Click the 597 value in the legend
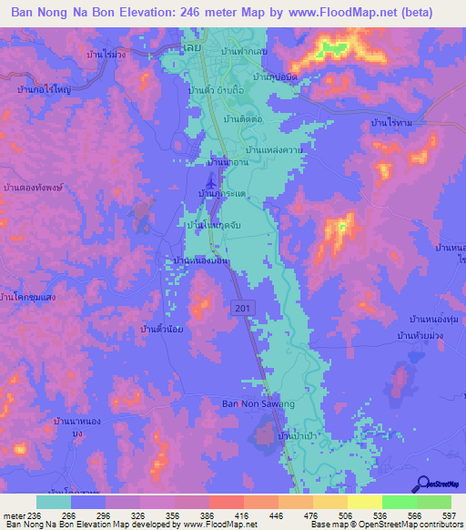(x=449, y=515)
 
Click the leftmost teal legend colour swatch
(x=54, y=502)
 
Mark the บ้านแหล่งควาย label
(x=274, y=149)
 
